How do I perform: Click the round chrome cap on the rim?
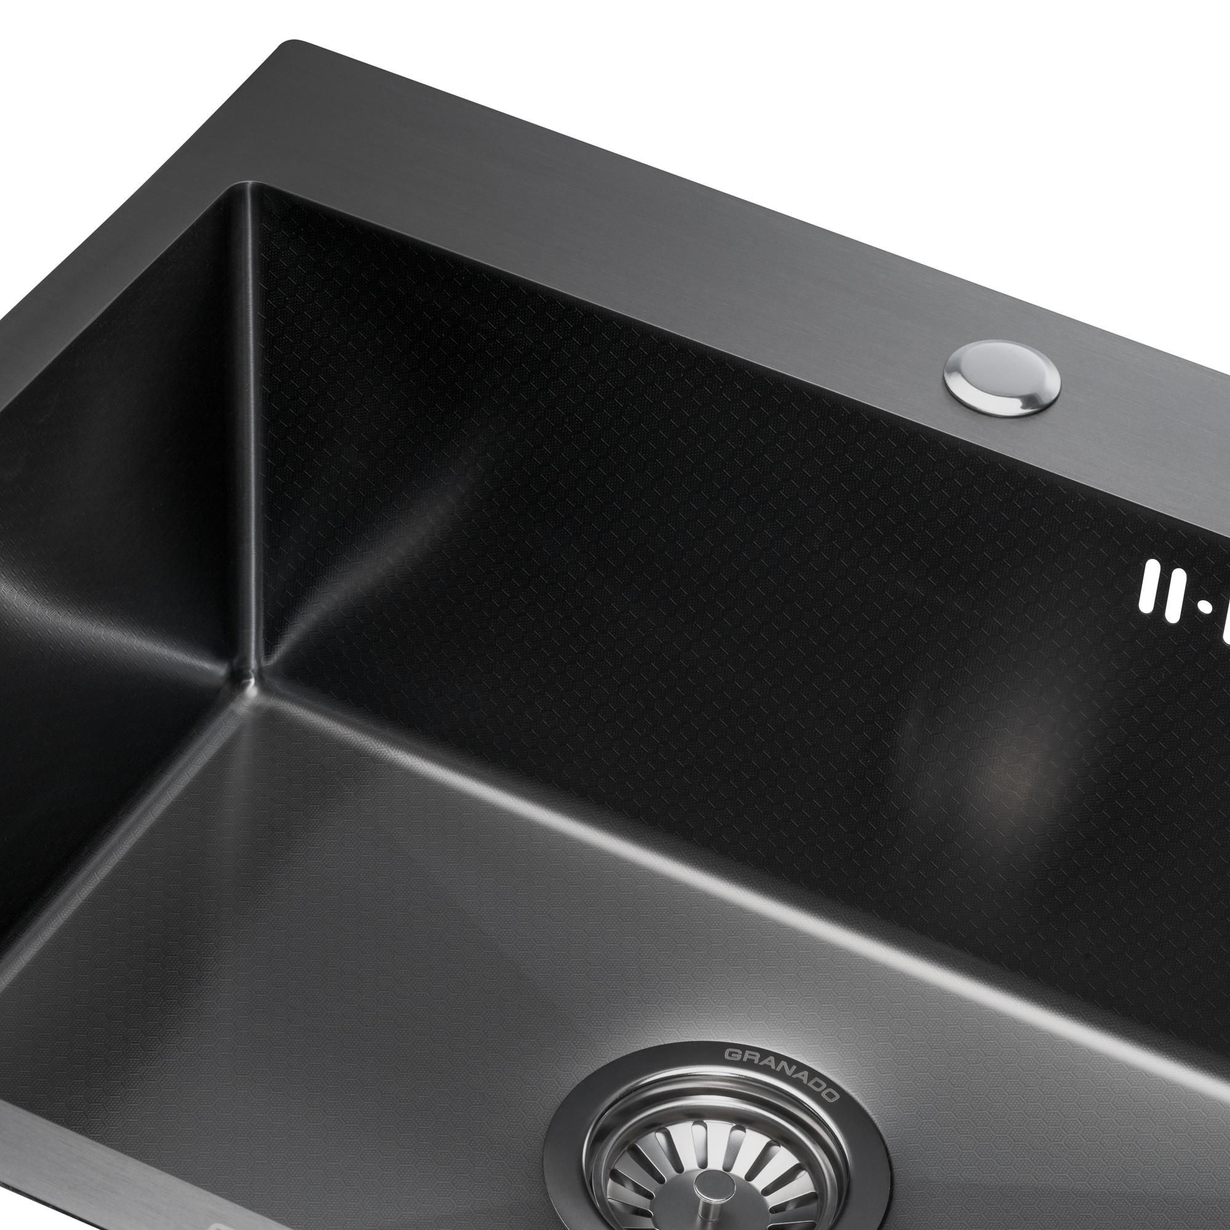point(1002,379)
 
